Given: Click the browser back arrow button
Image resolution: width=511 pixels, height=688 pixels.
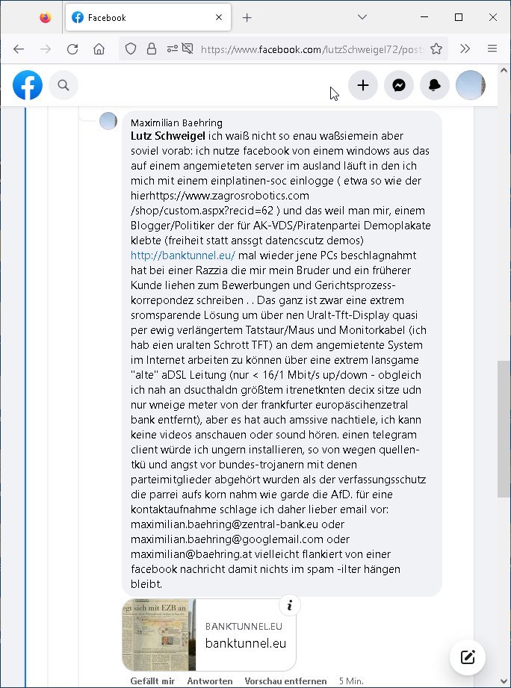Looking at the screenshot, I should click(19, 49).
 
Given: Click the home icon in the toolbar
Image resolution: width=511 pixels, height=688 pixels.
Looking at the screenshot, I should click(99, 49).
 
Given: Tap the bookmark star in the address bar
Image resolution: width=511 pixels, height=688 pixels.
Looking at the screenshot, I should click(436, 49).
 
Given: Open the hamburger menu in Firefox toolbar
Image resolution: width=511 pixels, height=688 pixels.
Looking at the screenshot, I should click(492, 49).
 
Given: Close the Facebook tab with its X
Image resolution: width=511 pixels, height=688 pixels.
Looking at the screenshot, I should click(218, 17).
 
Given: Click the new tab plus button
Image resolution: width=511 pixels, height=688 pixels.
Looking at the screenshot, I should click(247, 17).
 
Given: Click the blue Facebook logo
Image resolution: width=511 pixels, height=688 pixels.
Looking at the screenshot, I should click(28, 86).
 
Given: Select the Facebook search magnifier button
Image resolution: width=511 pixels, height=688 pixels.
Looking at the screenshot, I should click(64, 86).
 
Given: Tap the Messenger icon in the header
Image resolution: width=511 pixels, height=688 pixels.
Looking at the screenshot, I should click(399, 86).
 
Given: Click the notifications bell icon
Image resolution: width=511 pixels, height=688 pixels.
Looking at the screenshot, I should click(435, 86).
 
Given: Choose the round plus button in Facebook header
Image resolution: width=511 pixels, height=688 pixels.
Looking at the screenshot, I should click(363, 86).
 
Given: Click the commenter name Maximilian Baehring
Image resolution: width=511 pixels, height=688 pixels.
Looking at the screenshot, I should click(176, 123).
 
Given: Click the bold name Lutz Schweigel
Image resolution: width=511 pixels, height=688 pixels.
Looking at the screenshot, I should click(168, 136).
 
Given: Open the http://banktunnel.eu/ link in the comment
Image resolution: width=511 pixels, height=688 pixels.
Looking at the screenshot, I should click(183, 255).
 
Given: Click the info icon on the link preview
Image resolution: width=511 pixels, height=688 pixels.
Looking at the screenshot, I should click(289, 605).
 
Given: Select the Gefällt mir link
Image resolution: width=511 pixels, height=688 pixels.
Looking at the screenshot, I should click(152, 681).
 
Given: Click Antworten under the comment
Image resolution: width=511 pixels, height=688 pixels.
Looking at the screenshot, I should click(209, 681).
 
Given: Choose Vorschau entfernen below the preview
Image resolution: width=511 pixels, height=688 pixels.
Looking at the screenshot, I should click(285, 681).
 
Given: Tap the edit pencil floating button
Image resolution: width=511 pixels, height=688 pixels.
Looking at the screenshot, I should click(468, 657).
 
